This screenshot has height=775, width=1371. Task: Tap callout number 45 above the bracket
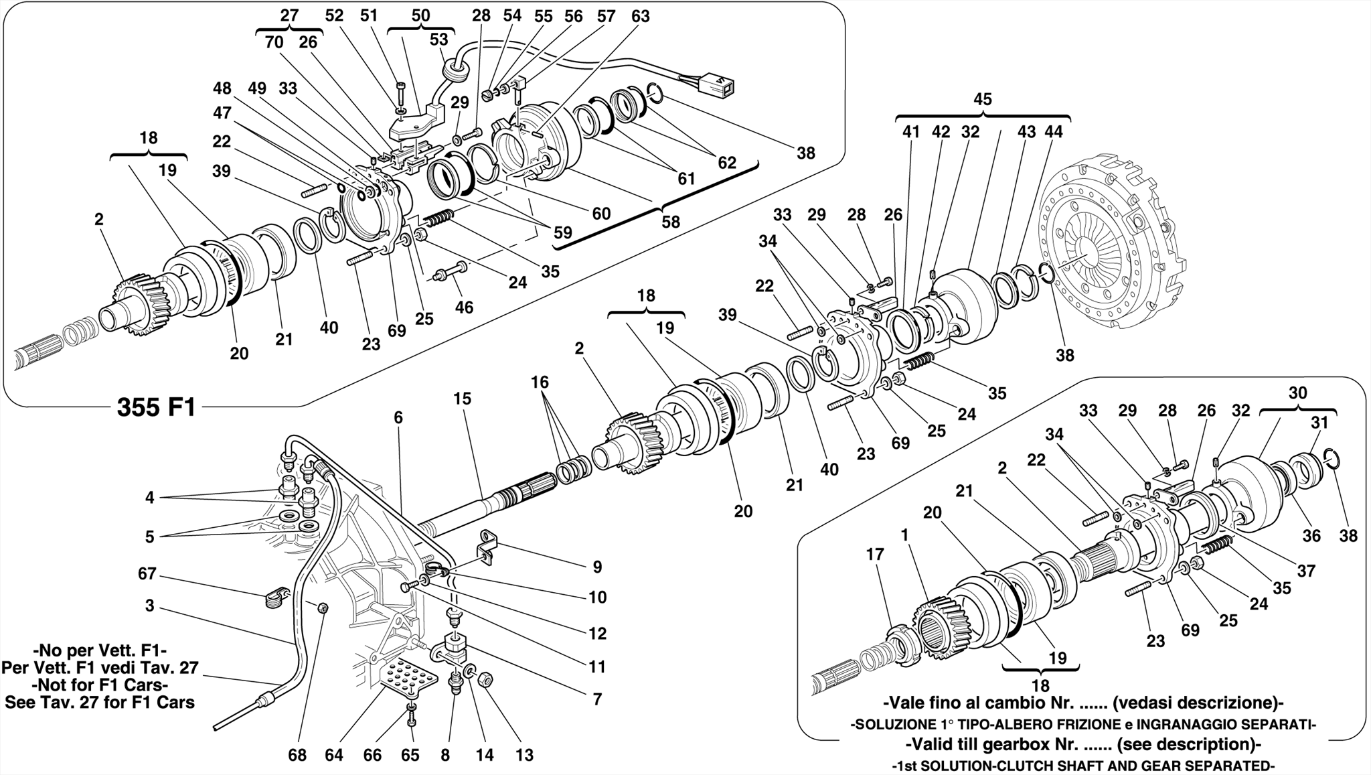982,100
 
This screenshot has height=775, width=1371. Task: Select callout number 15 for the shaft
462,399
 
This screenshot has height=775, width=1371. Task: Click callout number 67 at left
147,574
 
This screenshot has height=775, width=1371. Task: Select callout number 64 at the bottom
334,755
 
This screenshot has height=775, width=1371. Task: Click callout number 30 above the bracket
1297,393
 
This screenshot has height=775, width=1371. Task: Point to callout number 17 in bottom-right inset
875,555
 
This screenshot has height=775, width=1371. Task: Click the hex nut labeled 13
487,680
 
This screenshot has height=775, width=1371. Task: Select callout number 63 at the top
640,17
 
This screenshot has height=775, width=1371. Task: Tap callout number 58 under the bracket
670,221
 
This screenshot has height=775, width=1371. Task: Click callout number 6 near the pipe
398,418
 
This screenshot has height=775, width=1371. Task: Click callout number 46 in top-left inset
463,307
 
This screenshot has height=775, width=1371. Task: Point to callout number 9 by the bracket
597,567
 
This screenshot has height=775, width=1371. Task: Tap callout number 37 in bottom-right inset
1306,571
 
